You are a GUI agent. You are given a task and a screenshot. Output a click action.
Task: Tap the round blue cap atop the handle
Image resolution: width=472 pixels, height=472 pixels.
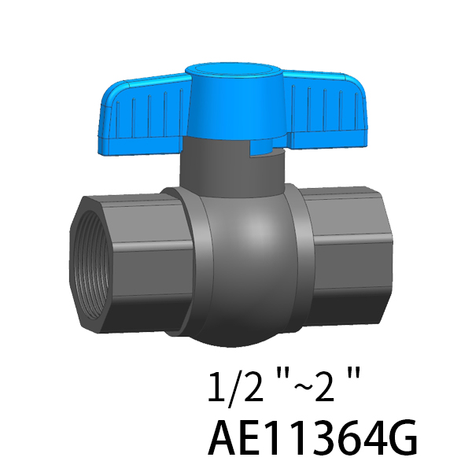234,72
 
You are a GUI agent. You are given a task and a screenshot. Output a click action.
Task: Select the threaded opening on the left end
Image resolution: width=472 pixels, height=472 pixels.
90,265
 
